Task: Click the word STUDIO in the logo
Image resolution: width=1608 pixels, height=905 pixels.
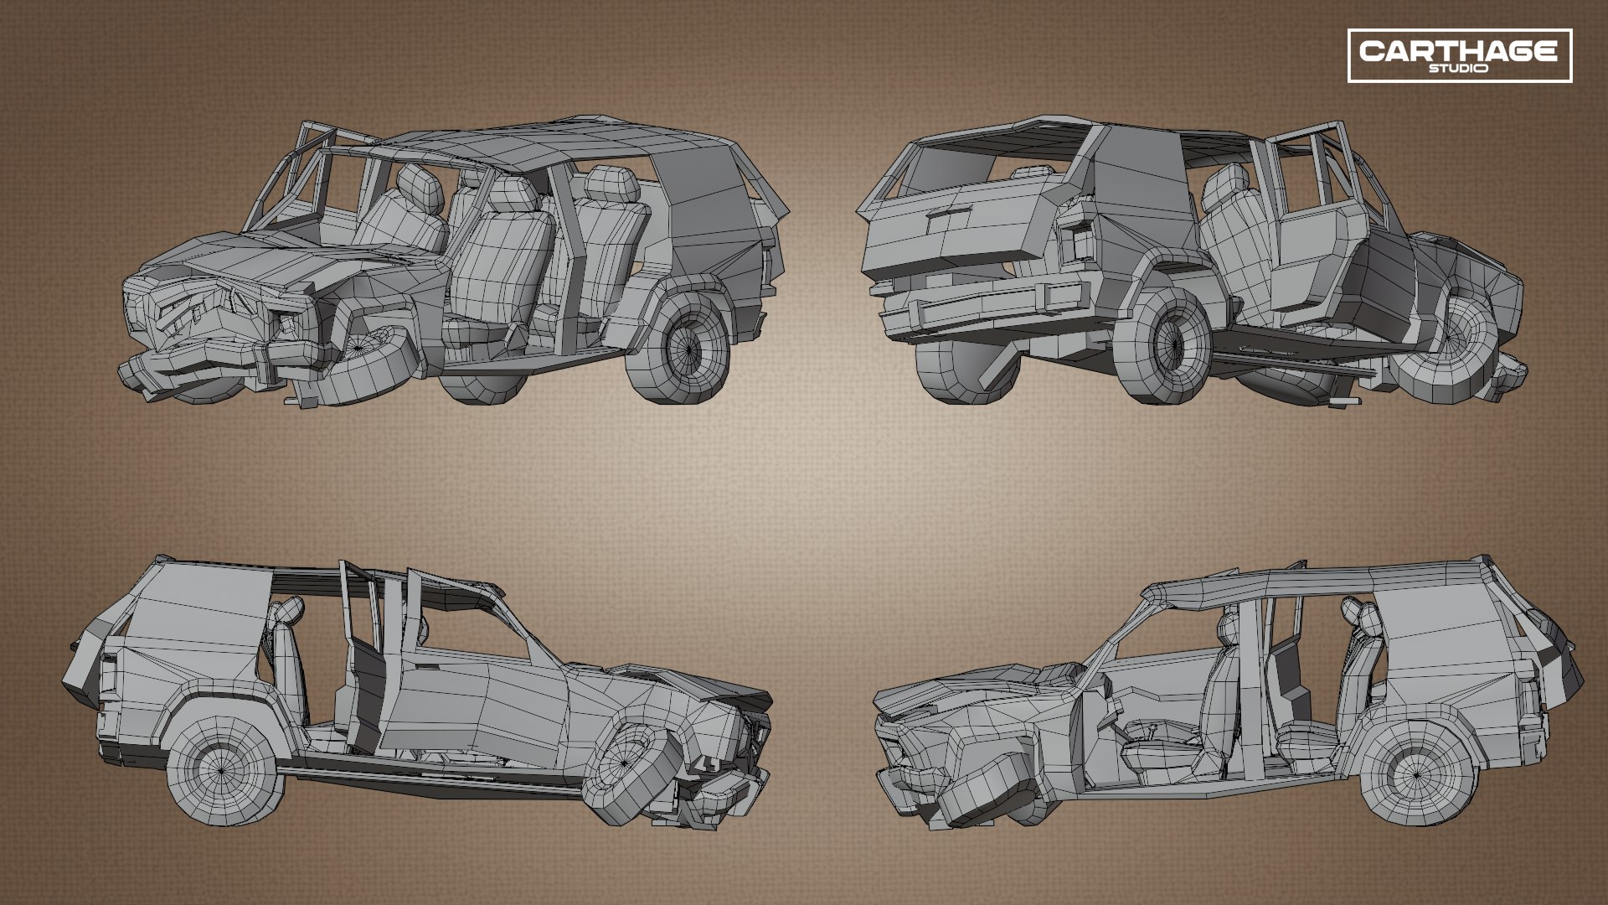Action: tap(1459, 69)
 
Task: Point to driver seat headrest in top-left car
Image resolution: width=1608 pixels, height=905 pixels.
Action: tap(420, 188)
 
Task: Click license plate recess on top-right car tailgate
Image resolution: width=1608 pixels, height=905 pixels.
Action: tap(948, 224)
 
